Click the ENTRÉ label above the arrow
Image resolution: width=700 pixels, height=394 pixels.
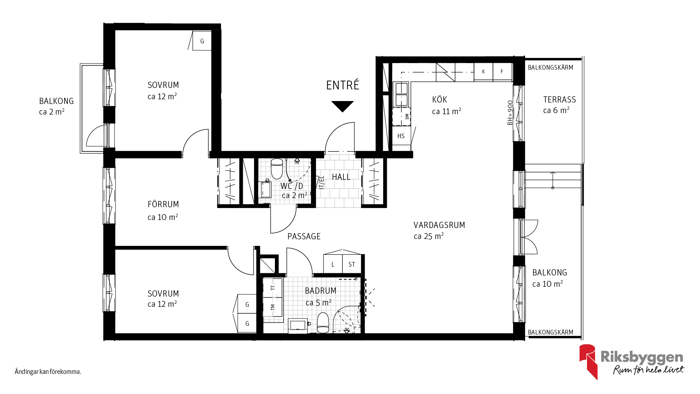pyautogui.click(x=342, y=85)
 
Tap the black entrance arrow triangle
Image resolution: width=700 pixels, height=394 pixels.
pyautogui.click(x=342, y=106)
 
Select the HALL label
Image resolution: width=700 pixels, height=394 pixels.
pyautogui.click(x=341, y=177)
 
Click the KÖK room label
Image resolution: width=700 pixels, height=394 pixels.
pyautogui.click(x=439, y=100)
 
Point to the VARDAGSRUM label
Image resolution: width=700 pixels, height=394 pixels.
pyautogui.click(x=439, y=225)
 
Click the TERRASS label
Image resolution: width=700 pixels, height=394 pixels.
pyautogui.click(x=560, y=100)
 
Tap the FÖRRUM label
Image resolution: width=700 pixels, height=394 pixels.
pyautogui.click(x=163, y=204)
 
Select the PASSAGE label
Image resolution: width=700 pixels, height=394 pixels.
pyautogui.click(x=304, y=236)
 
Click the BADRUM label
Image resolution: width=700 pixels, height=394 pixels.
pyautogui.click(x=320, y=291)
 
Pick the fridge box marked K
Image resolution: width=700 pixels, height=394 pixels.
pyautogui.click(x=483, y=72)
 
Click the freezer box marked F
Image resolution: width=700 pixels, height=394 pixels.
pyautogui.click(x=502, y=72)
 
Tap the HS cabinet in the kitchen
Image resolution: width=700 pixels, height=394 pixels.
pyautogui.click(x=401, y=136)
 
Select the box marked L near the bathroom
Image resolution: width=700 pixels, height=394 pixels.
pyautogui.click(x=333, y=264)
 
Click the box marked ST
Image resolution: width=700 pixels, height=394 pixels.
pyautogui.click(x=351, y=264)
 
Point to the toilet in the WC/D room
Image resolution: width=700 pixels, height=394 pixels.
pyautogui.click(x=277, y=169)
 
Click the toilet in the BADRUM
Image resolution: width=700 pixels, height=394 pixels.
pyautogui.click(x=323, y=323)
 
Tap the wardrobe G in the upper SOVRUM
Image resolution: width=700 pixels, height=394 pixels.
pyautogui.click(x=202, y=41)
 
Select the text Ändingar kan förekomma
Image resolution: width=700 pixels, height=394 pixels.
pyautogui.click(x=48, y=372)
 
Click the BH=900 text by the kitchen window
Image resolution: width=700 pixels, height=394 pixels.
pyautogui.click(x=510, y=113)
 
